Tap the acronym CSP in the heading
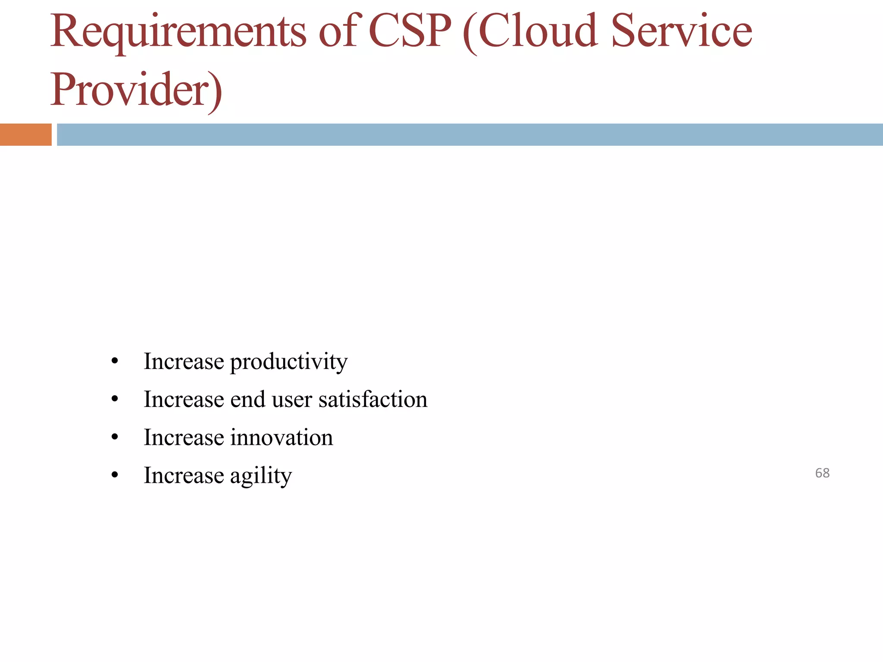[410, 31]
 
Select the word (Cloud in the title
[530, 31]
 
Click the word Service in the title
[682, 31]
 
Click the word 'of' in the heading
[338, 31]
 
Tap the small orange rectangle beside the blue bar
[25, 134]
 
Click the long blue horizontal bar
[470, 134]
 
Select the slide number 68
[822, 473]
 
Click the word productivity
[288, 362]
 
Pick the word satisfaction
[373, 399]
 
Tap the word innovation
[282, 437]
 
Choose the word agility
[261, 476]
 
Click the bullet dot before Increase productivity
[115, 361]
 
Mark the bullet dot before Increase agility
[115, 475]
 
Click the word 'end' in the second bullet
[247, 399]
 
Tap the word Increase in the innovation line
[184, 437]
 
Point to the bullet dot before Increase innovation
[115, 437]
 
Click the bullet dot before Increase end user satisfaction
[115, 399]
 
